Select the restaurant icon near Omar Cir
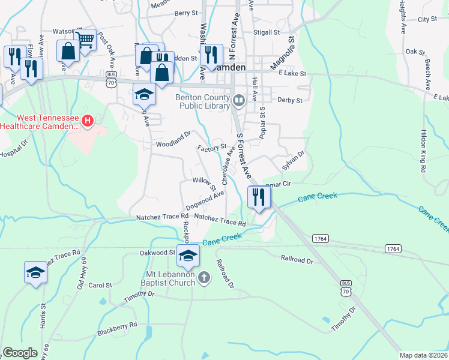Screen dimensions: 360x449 [259, 197]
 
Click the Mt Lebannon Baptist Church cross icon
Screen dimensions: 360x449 [205, 278]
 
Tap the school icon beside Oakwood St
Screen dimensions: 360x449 [188, 256]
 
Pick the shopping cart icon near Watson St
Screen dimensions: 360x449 [85, 40]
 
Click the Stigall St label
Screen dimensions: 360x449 [267, 33]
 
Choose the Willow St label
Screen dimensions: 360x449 [205, 182]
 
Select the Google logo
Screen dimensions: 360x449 [20, 353]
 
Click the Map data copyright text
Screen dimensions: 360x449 [423, 355]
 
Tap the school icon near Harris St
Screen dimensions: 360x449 [35, 272]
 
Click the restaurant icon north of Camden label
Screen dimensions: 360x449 [211, 55]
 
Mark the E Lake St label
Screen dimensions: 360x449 [292, 73]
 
